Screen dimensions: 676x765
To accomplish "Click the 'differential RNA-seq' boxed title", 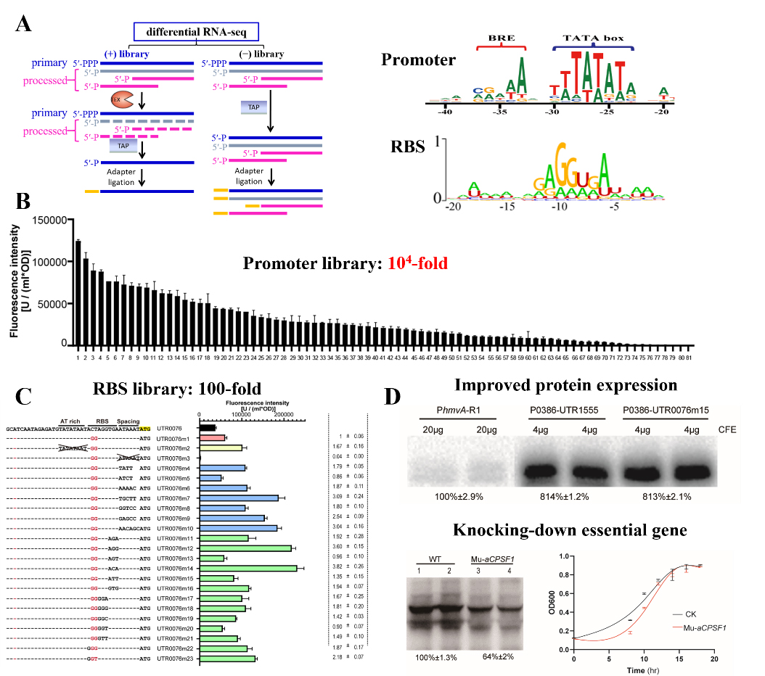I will (x=196, y=31).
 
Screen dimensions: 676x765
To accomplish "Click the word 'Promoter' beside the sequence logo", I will (x=419, y=61).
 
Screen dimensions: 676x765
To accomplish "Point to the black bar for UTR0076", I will (x=208, y=428).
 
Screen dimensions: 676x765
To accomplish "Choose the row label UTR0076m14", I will (x=173, y=569).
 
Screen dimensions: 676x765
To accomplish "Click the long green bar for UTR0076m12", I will (x=246, y=548).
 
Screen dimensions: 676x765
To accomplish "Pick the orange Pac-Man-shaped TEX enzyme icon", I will (x=121, y=99).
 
